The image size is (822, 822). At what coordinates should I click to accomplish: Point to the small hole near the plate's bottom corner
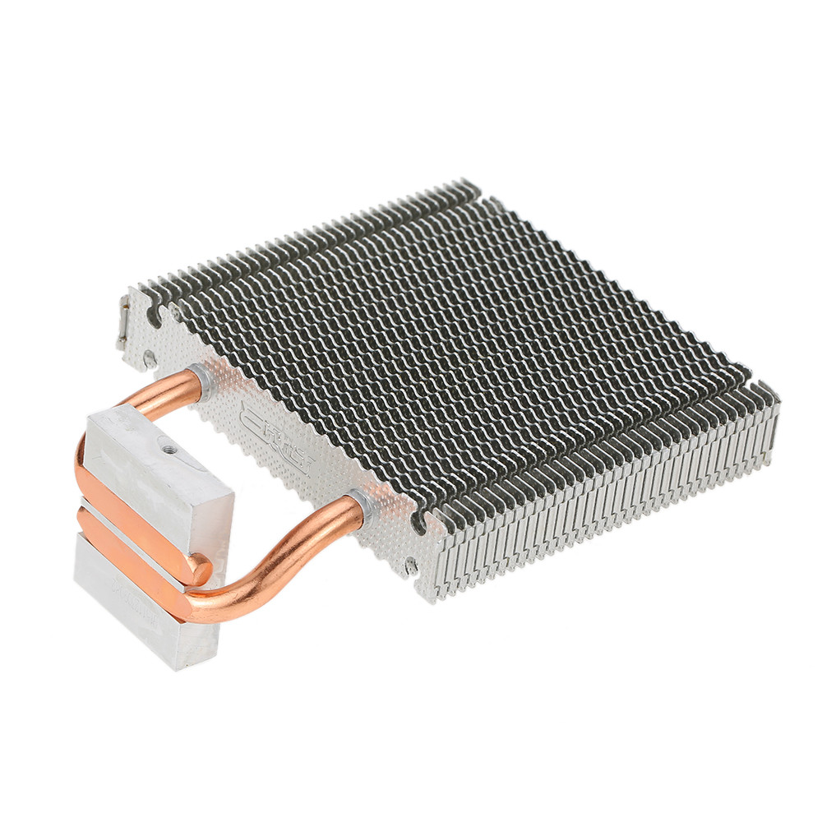point(410,565)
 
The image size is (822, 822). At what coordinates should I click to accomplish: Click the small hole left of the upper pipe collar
point(149,358)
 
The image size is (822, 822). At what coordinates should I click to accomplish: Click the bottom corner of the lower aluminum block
point(177,666)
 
